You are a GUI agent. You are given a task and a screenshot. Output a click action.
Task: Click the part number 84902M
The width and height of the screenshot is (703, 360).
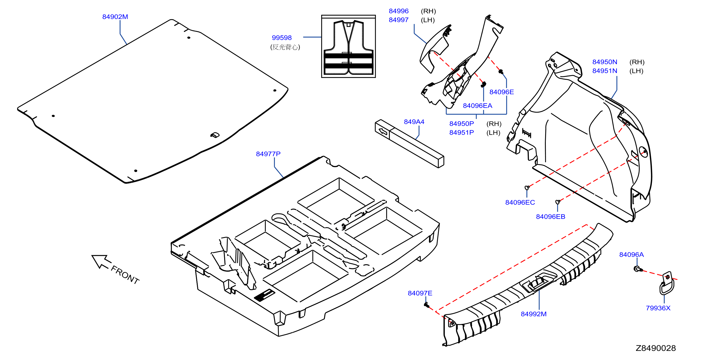point(115,17)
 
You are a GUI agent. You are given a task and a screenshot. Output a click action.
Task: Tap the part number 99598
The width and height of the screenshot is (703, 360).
point(282,38)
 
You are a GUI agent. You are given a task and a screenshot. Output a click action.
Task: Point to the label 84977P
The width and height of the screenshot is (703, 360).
point(268,154)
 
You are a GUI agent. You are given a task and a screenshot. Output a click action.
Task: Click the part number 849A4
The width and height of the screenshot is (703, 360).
point(414,122)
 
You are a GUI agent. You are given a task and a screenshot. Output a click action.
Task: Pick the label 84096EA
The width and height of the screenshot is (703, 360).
point(477,106)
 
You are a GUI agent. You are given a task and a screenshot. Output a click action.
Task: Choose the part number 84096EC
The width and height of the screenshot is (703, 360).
point(520,203)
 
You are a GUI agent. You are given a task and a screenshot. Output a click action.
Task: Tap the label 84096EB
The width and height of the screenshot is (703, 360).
point(550,217)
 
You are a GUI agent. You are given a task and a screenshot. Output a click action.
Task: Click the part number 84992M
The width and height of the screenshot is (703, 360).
point(533,314)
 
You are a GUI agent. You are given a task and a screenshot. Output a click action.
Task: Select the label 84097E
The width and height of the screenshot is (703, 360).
point(420,293)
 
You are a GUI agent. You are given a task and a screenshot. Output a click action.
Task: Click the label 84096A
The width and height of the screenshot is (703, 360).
point(631,255)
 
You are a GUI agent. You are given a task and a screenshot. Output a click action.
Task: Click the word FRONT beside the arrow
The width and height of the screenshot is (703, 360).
point(125,275)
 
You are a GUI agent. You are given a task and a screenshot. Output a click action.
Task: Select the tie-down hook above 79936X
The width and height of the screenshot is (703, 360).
point(667,284)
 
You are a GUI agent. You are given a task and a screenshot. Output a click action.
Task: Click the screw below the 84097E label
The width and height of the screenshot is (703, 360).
point(427,305)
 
